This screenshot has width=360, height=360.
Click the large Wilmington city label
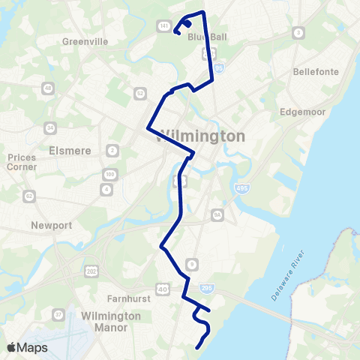[x=203, y=136]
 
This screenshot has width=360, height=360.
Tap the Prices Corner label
[x=21, y=162]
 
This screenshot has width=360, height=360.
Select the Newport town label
[x=52, y=225]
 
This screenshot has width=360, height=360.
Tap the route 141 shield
[x=163, y=25]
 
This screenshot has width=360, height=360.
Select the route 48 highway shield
[x=48, y=88]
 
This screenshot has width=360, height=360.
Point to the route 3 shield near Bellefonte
[x=298, y=33]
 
